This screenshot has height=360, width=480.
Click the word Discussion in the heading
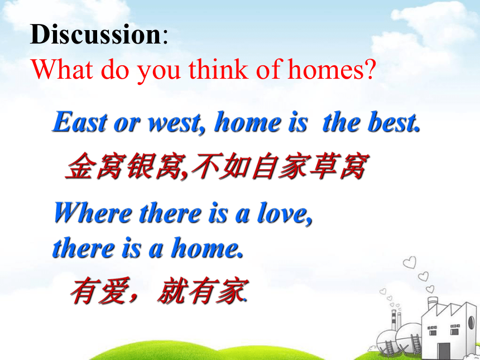pyautogui.click(x=95, y=34)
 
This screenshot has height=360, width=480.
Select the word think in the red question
pyautogui.click(x=218, y=69)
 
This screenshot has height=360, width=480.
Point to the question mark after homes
pyautogui.click(x=369, y=70)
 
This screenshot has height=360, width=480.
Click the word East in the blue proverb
pyautogui.click(x=80, y=122)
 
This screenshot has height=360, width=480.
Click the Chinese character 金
pyautogui.click(x=80, y=166)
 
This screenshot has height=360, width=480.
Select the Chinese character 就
pyautogui.click(x=171, y=290)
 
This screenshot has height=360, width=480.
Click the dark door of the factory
pyautogui.click(x=444, y=351)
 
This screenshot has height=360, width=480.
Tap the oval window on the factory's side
pyautogui.click(x=472, y=323)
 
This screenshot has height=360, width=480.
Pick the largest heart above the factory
pyautogui.click(x=410, y=262)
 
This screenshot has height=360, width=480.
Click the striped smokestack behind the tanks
pyautogui.click(x=394, y=320)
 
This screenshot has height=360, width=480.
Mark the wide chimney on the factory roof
pyautogui.click(x=433, y=303)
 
